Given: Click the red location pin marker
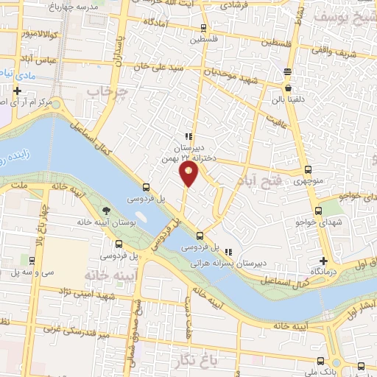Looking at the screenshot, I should tap(189, 174).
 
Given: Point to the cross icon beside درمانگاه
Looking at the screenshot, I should tap(323, 261).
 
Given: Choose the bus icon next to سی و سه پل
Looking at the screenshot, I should tap(32, 261).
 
